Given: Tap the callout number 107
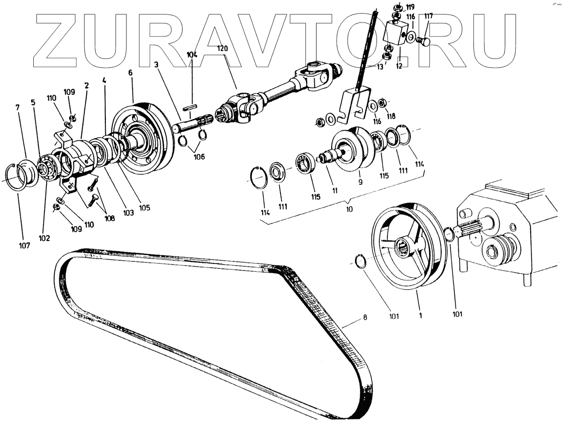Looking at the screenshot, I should pyautogui.click(x=24, y=245).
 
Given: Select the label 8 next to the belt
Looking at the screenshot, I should pyautogui.click(x=365, y=318).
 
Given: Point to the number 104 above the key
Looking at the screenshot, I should pyautogui.click(x=192, y=55).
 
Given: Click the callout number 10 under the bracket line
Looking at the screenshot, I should pyautogui.click(x=349, y=210).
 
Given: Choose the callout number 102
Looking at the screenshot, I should pyautogui.click(x=44, y=237).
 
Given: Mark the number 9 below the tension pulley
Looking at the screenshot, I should pyautogui.click(x=360, y=183).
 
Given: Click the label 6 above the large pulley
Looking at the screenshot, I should pyautogui.click(x=130, y=73).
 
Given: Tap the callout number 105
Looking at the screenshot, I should pyautogui.click(x=144, y=208).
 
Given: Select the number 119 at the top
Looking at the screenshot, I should pyautogui.click(x=410, y=7).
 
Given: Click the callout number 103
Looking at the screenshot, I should pyautogui.click(x=128, y=212).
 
